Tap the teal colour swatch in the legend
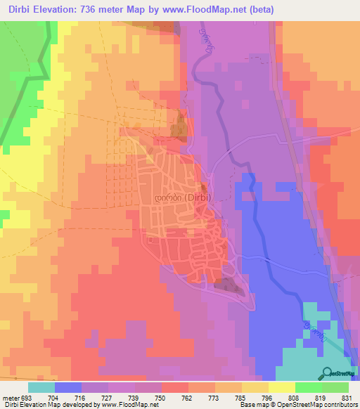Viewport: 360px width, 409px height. tap(41, 387)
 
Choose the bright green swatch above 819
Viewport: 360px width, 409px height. tap(309, 387)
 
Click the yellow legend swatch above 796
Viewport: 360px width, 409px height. tap(282, 387)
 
